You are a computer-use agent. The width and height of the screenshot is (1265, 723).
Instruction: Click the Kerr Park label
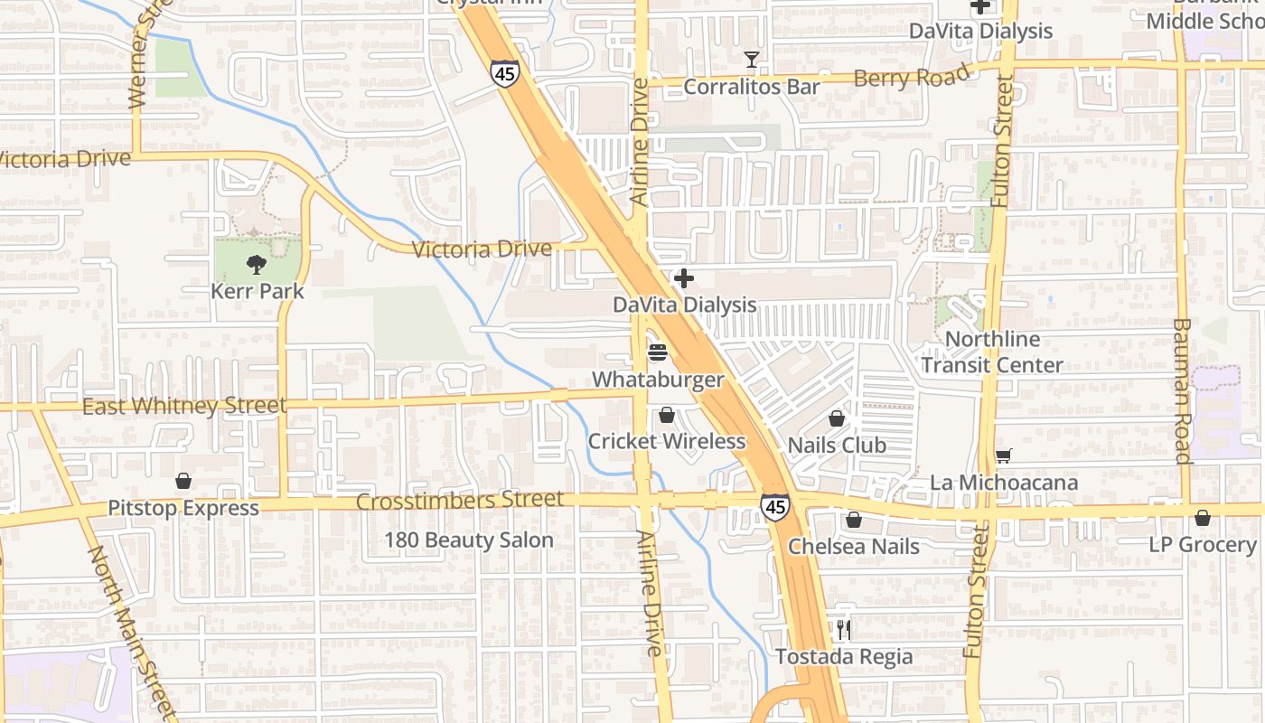pyautogui.click(x=258, y=292)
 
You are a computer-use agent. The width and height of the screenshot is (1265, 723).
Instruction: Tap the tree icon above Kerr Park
pyautogui.click(x=257, y=265)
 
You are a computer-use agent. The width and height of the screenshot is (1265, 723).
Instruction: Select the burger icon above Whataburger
pyautogui.click(x=658, y=352)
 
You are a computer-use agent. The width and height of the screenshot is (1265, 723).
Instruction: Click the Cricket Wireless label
pyautogui.click(x=667, y=441)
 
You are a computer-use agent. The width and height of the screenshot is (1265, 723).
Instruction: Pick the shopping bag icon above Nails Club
pyautogui.click(x=837, y=419)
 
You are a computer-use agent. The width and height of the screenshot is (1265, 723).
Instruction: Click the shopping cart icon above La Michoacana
pyautogui.click(x=1003, y=455)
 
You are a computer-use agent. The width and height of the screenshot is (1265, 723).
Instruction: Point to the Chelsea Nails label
pyautogui.click(x=854, y=547)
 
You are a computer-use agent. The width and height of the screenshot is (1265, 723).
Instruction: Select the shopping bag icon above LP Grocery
pyautogui.click(x=1202, y=519)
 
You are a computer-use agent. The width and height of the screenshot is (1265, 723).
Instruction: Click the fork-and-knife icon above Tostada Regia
pyautogui.click(x=843, y=629)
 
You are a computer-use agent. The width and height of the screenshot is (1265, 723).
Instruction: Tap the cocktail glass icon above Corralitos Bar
pyautogui.click(x=751, y=60)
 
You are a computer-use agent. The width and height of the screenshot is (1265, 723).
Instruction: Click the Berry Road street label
pyautogui.click(x=912, y=79)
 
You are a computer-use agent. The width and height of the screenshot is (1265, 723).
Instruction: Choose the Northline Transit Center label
pyautogui.click(x=992, y=352)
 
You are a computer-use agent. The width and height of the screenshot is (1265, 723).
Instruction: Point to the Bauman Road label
pyautogui.click(x=1183, y=390)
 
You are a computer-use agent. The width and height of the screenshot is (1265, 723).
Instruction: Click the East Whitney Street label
pyautogui.click(x=184, y=407)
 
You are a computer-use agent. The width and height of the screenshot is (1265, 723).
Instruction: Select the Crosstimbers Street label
pyautogui.click(x=460, y=500)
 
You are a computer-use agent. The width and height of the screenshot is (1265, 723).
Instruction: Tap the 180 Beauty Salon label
pyautogui.click(x=469, y=540)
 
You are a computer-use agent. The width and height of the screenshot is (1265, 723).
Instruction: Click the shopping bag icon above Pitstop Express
pyautogui.click(x=183, y=481)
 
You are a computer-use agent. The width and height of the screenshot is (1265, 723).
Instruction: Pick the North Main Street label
pyautogui.click(x=132, y=628)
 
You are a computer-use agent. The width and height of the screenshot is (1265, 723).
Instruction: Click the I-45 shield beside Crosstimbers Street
pyautogui.click(x=774, y=507)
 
